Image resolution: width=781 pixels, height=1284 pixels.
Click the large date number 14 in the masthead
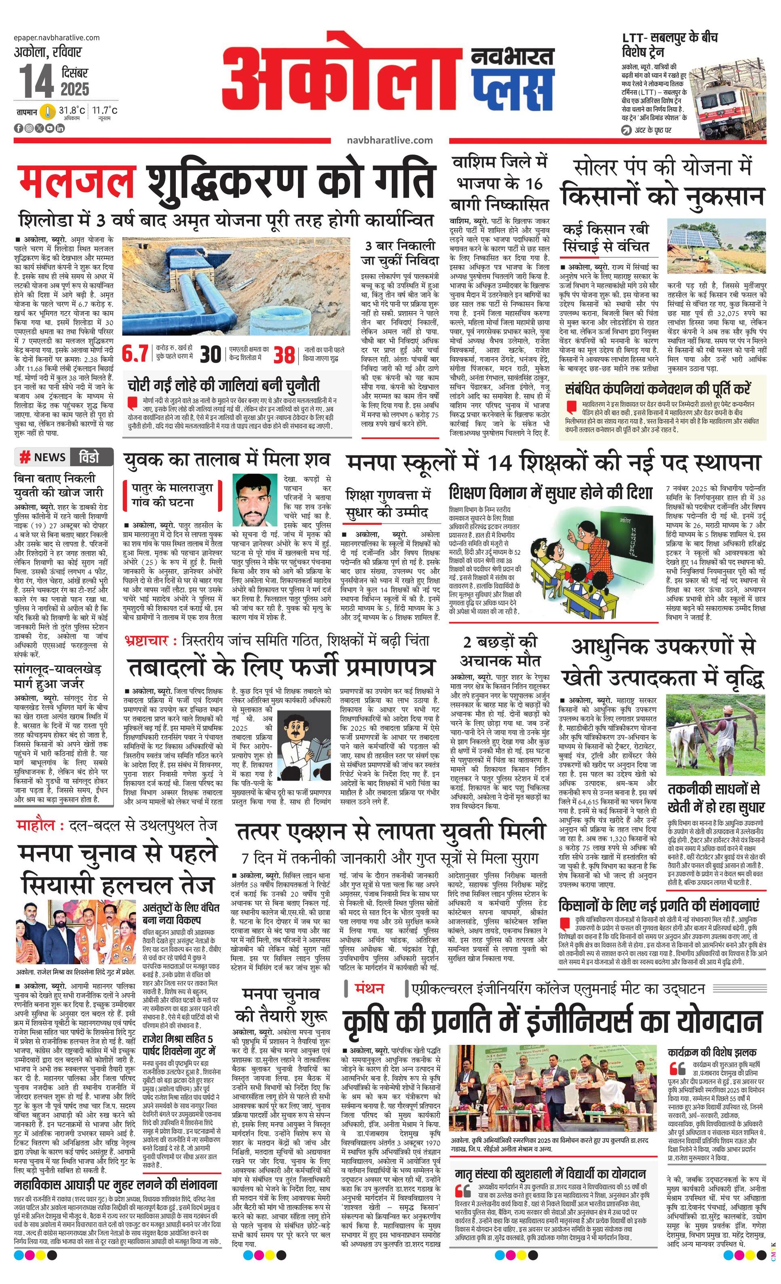click(37, 82)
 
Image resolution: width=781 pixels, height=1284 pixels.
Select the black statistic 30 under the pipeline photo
click(210, 354)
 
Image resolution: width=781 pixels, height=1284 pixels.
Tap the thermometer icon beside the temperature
click(48, 112)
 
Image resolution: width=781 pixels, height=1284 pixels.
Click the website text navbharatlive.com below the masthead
click(389, 140)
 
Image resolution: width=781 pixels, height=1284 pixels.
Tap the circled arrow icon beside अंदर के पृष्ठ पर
click(627, 130)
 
